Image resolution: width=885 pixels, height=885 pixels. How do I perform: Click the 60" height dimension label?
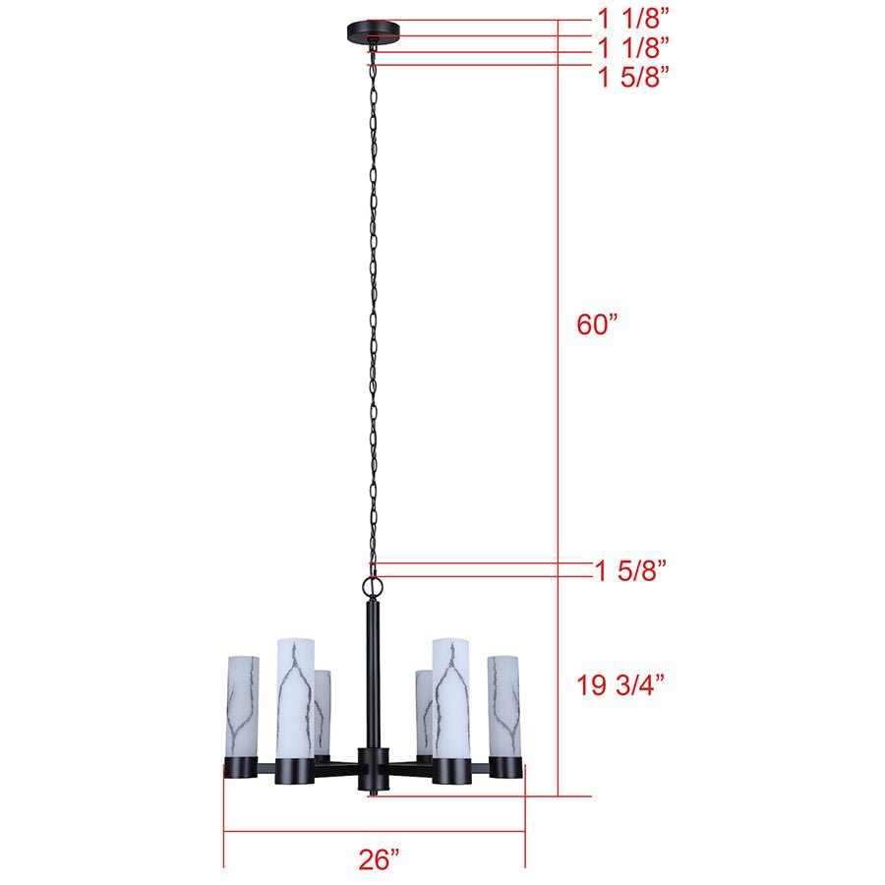(597, 324)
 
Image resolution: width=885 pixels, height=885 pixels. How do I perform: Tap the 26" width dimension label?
(379, 859)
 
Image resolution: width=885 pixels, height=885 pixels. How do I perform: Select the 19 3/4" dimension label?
(620, 685)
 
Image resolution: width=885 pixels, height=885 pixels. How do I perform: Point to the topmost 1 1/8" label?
(633, 19)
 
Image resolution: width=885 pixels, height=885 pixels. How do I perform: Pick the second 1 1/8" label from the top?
(633, 47)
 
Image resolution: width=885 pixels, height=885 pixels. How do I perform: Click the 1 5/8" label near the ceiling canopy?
(633, 77)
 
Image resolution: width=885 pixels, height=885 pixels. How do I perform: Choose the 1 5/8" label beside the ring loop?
(631, 570)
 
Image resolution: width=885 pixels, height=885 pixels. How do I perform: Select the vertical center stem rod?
(373, 675)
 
